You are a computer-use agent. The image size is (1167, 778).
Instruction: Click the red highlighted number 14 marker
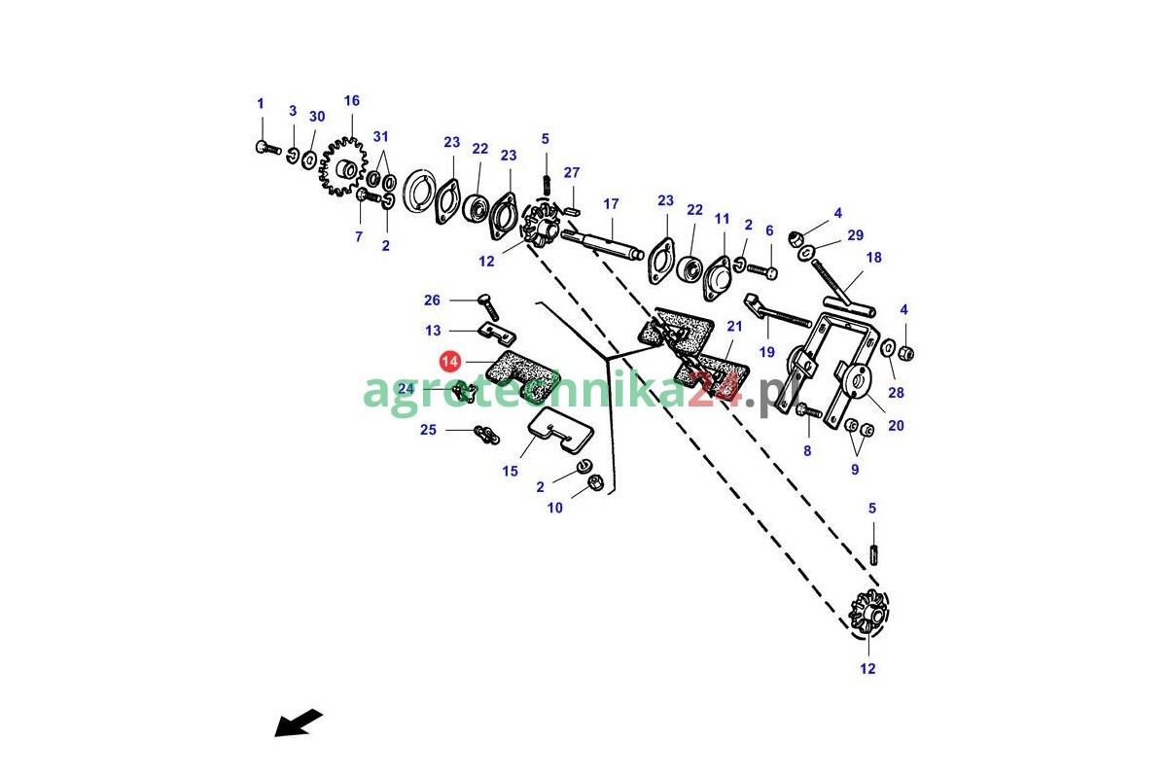click(x=449, y=362)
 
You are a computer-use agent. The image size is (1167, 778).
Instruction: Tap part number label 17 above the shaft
click(x=611, y=204)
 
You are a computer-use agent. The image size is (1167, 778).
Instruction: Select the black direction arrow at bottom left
click(x=298, y=724)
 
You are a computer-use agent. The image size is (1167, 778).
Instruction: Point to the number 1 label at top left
click(x=260, y=103)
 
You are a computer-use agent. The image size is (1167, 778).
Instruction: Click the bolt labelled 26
click(x=489, y=306)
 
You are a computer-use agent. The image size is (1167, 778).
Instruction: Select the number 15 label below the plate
click(x=511, y=472)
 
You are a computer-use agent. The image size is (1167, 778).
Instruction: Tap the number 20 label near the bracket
click(x=896, y=425)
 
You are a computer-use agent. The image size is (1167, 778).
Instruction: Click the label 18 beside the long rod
click(x=873, y=258)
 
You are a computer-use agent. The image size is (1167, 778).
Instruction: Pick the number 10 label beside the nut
click(x=554, y=508)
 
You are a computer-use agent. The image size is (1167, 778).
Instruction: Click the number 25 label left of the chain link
click(x=428, y=430)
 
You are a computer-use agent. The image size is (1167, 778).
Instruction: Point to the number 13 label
click(x=433, y=331)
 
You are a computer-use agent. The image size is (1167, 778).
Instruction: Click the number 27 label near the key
click(x=572, y=173)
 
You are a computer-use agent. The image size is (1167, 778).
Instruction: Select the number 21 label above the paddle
click(x=734, y=326)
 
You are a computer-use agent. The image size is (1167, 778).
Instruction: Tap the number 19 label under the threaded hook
click(x=767, y=352)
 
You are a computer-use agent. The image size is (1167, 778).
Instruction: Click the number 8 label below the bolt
click(x=806, y=450)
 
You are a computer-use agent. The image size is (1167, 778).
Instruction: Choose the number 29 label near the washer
click(x=855, y=235)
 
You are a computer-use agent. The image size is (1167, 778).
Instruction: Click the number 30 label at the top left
click(x=317, y=117)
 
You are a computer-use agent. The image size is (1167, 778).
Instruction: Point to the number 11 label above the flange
click(x=722, y=220)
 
